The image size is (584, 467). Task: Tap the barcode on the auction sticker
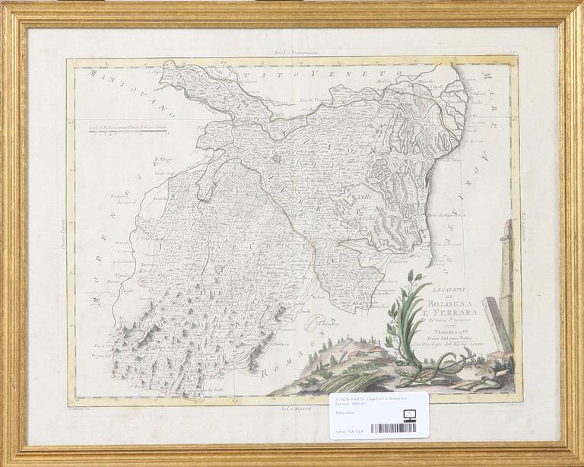click(393, 428)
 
